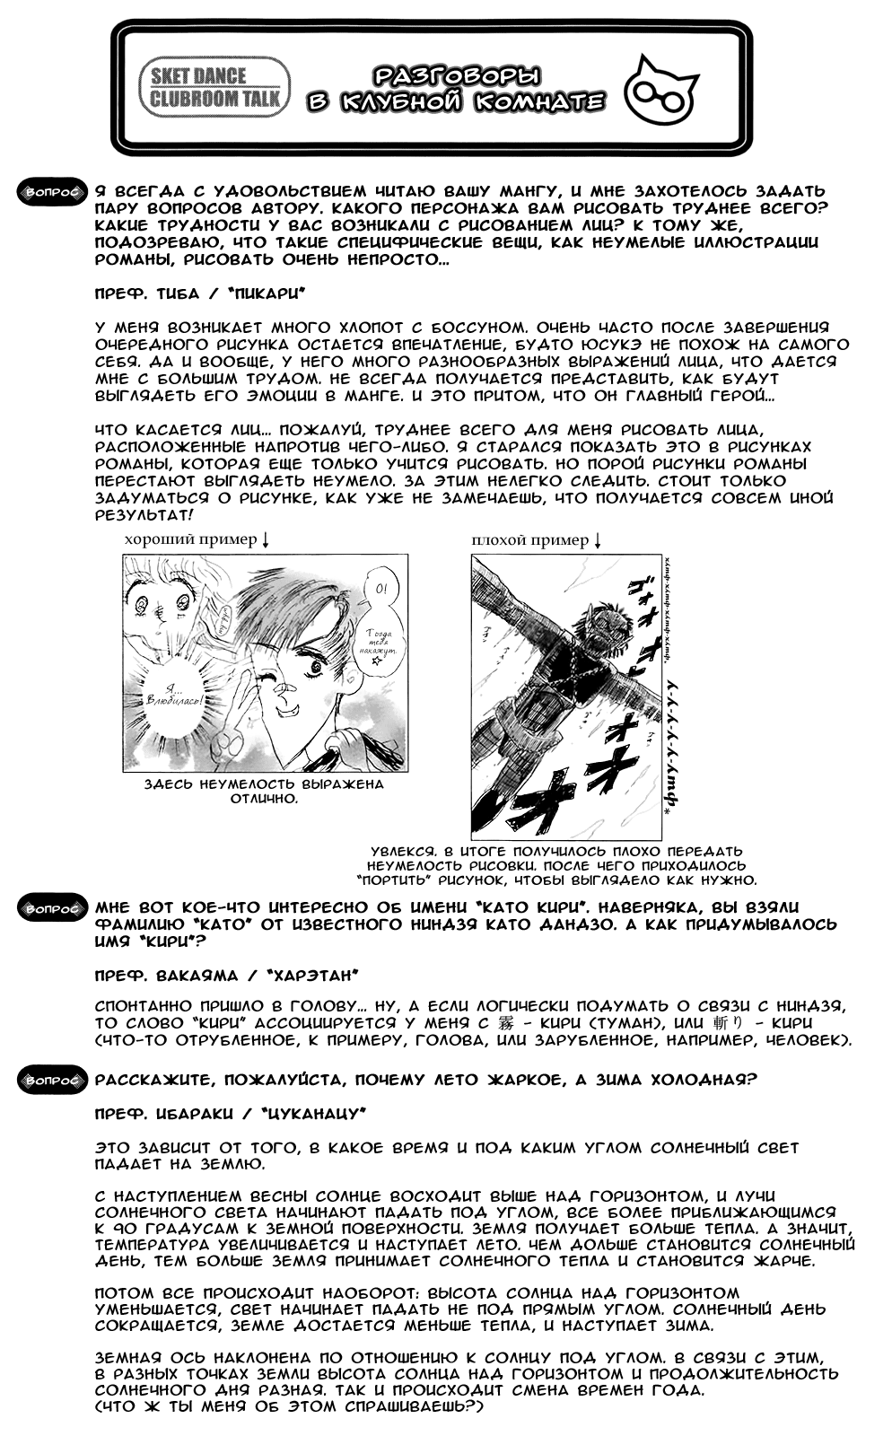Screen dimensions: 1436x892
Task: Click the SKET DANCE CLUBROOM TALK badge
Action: point(214,88)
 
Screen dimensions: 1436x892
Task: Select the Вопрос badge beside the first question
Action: point(51,191)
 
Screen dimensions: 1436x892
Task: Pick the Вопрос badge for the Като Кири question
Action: point(51,908)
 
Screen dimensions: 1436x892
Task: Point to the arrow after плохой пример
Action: point(598,539)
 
